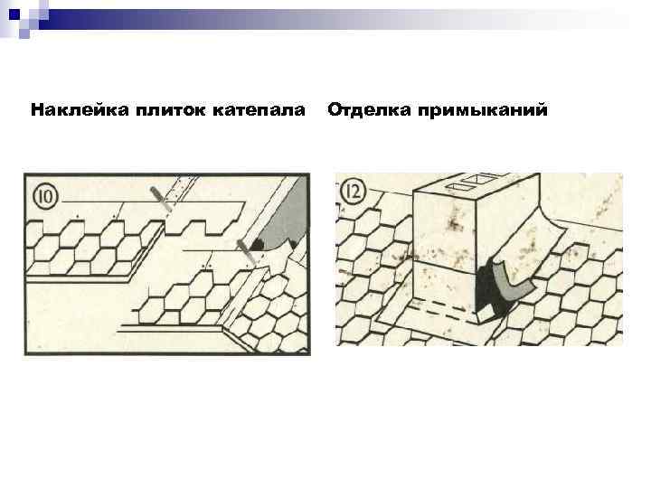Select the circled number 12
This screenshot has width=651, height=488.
[354, 192]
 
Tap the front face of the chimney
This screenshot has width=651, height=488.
[443, 244]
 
